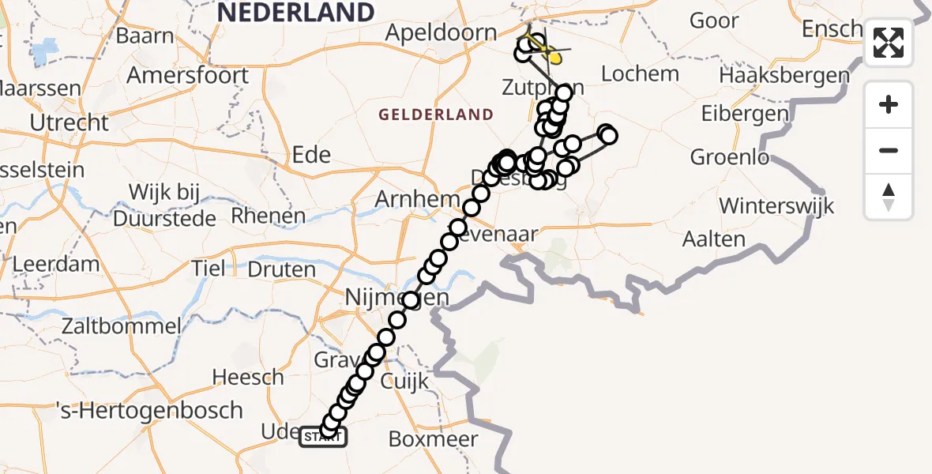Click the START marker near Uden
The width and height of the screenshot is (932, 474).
(x=322, y=436)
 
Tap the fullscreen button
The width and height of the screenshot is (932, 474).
(x=889, y=43)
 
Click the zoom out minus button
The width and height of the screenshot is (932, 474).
(x=889, y=150)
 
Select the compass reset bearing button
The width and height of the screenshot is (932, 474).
(x=889, y=197)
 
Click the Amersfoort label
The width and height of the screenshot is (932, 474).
(x=187, y=76)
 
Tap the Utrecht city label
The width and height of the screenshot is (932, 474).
(x=69, y=122)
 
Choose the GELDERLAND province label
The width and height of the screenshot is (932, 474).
(x=435, y=115)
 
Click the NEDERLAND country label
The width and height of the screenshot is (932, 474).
(x=295, y=13)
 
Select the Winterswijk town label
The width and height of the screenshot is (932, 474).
(x=776, y=207)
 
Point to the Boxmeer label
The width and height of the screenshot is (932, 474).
(x=434, y=438)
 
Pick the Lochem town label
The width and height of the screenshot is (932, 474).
(x=640, y=74)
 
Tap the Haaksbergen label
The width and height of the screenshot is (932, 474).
(x=784, y=77)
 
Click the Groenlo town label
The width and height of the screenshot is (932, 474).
(x=729, y=157)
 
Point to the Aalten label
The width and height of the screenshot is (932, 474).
(x=714, y=239)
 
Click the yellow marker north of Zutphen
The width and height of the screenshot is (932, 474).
(x=554, y=55)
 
